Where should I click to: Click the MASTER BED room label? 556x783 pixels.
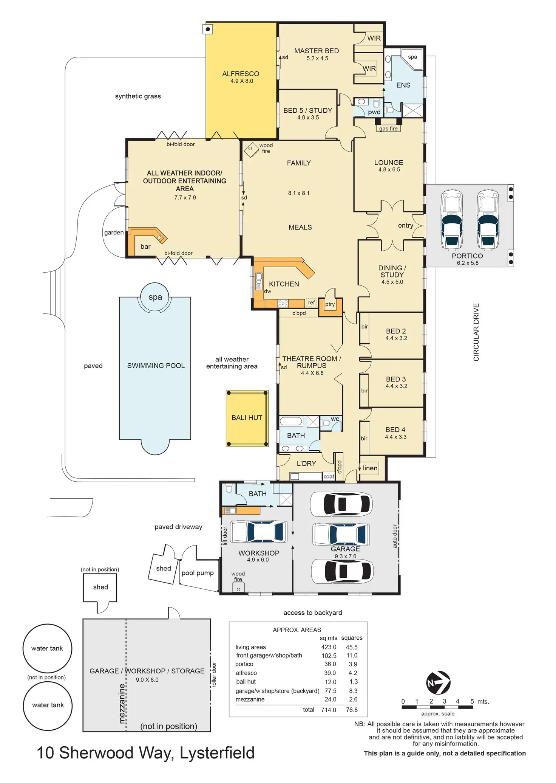pyautogui.click(x=317, y=51)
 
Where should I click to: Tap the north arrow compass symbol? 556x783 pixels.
pyautogui.click(x=438, y=682)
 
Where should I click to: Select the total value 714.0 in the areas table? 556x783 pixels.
pyautogui.click(x=329, y=710)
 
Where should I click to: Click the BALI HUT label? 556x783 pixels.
pyautogui.click(x=247, y=418)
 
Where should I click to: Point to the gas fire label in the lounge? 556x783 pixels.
pyautogui.click(x=388, y=129)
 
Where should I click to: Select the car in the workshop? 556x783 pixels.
pyautogui.click(x=259, y=532)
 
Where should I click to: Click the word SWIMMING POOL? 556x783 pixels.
pyautogui.click(x=156, y=366)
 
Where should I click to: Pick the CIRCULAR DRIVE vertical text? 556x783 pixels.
pyautogui.click(x=476, y=332)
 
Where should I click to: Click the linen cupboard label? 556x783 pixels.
pyautogui.click(x=370, y=468)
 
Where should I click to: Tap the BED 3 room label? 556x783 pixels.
pyautogui.click(x=396, y=379)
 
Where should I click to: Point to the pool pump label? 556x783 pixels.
pyautogui.click(x=198, y=573)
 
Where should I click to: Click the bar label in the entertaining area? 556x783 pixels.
pyautogui.click(x=145, y=247)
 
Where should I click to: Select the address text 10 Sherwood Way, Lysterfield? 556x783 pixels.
pyautogui.click(x=145, y=753)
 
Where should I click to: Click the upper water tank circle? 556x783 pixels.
pyautogui.click(x=47, y=648)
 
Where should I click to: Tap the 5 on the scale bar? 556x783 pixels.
pyautogui.click(x=472, y=701)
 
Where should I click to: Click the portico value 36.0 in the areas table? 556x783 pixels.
pyautogui.click(x=330, y=664)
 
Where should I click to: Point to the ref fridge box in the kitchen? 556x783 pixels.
pyautogui.click(x=311, y=302)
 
